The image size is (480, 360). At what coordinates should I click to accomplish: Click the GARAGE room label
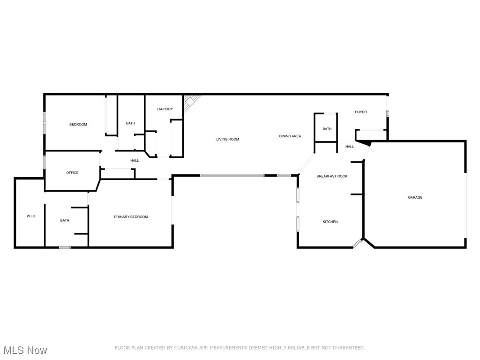coord(415,197)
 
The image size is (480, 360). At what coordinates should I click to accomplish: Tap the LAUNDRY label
coord(165,109)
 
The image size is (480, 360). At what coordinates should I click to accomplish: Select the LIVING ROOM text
coord(227,139)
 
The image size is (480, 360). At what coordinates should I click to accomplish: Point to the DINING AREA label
coord(290,136)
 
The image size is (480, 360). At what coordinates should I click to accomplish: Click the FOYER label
coord(360,112)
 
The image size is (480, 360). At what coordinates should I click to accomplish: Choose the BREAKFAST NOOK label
coord(332,176)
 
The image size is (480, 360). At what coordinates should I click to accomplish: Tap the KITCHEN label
coord(330,222)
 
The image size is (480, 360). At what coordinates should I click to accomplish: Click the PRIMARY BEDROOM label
coord(131,217)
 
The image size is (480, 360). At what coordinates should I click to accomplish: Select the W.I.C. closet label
coord(31,216)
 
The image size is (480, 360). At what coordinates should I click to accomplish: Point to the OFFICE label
coord(72,172)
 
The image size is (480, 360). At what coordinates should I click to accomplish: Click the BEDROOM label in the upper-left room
coord(78,124)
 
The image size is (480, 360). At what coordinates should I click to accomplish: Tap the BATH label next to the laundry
coord(130,123)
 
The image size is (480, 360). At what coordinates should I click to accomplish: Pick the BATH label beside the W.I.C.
coord(65,220)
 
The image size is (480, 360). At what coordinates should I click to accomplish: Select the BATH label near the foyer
coord(327,129)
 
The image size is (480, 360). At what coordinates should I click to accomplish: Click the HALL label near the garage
coord(350,147)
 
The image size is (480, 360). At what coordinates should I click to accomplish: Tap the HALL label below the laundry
coord(135,161)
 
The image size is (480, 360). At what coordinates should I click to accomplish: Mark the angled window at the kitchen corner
coord(358,243)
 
